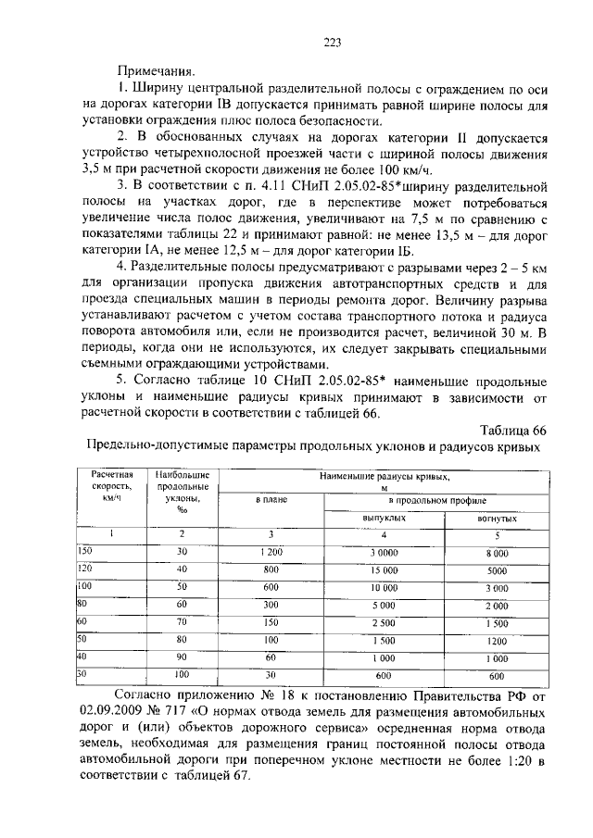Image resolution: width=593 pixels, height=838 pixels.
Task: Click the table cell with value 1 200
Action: (271, 553)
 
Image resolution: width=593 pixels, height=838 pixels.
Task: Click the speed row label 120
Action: (85, 569)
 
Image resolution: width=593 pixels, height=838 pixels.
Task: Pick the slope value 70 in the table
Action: (183, 623)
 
